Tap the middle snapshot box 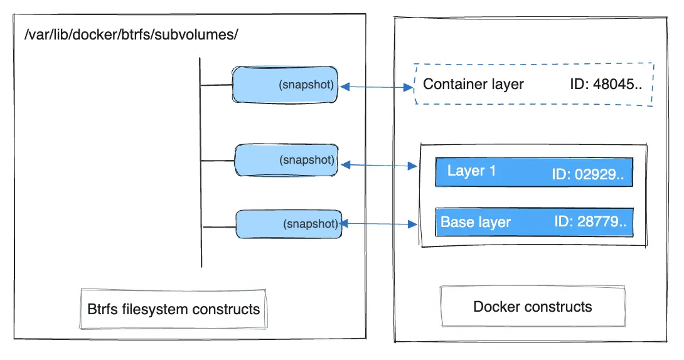click(x=286, y=160)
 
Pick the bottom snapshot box click(x=288, y=224)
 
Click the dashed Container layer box click(x=533, y=84)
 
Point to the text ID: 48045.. click(x=606, y=84)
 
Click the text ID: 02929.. click(x=589, y=174)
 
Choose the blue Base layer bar click(x=533, y=222)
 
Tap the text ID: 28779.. click(x=590, y=222)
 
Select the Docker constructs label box click(x=532, y=307)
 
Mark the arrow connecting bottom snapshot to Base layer click(x=379, y=223)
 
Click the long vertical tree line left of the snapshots click(x=200, y=163)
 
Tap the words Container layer click(x=473, y=84)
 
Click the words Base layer click(x=476, y=222)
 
